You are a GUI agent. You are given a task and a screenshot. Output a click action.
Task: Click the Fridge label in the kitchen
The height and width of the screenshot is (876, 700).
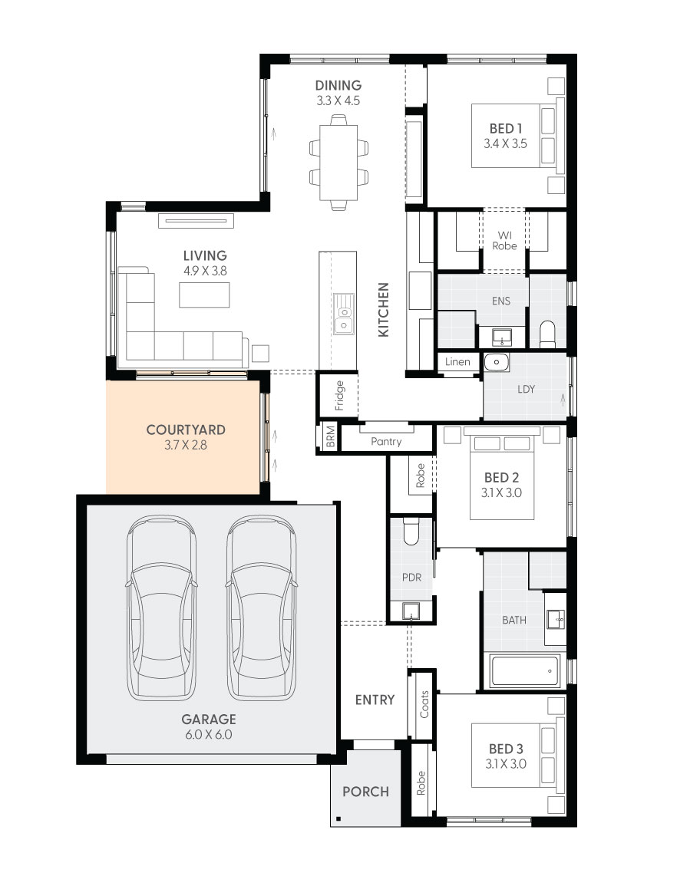(339, 396)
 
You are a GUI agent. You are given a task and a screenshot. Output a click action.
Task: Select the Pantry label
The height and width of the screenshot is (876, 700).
(386, 442)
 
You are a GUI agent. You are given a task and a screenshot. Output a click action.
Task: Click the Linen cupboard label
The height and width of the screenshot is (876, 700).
(457, 361)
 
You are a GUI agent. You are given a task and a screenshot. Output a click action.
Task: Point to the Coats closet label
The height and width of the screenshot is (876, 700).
(424, 704)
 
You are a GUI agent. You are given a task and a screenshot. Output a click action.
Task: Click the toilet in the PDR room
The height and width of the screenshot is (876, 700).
(411, 531)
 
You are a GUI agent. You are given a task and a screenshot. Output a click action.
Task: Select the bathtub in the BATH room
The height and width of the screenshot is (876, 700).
(524, 671)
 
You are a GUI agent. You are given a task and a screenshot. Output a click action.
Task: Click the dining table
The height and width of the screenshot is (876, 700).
(338, 162)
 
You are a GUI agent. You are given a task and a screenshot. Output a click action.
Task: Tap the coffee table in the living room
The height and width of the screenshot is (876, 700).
(205, 294)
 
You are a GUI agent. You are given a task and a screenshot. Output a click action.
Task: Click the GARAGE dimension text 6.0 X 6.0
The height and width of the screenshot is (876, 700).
(208, 734)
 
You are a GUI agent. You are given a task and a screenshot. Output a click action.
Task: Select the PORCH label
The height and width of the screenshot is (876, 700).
(365, 792)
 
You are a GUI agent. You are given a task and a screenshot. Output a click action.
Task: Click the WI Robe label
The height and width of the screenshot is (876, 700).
(504, 240)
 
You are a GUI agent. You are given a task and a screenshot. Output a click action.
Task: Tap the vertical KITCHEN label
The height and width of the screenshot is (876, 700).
(384, 309)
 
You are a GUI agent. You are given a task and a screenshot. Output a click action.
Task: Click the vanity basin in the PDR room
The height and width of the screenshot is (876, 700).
(412, 611)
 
